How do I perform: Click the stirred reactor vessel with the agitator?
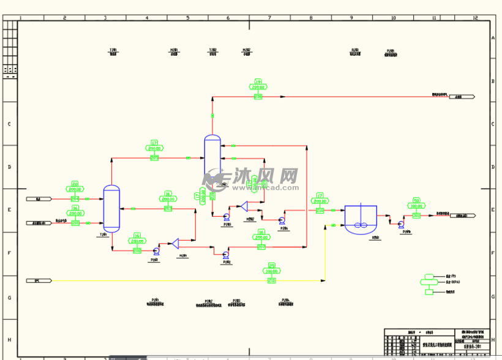(360, 219)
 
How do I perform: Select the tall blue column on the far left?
(111, 209)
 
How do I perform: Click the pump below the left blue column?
(156, 250)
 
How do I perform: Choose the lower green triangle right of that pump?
(175, 243)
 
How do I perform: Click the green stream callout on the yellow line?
(272, 272)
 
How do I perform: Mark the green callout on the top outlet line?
(258, 89)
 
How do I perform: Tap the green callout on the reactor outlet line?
(416, 208)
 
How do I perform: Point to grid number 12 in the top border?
(475, 18)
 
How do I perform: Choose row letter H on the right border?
(493, 339)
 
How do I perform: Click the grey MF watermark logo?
(215, 178)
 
